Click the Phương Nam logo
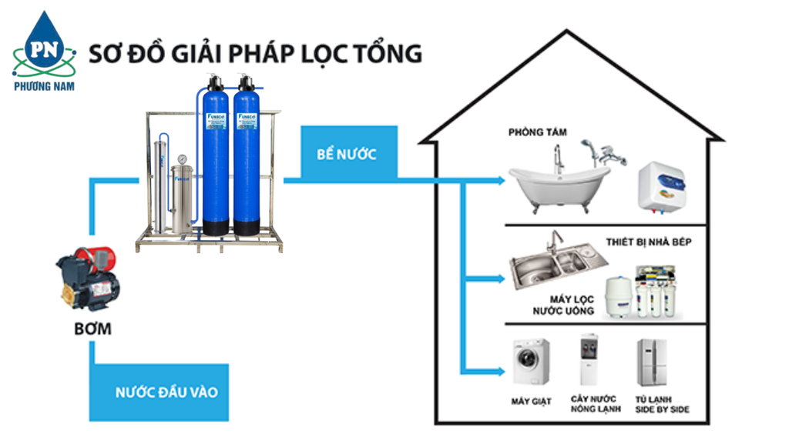tap(43, 50)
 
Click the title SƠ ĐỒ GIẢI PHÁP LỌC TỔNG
tap(255, 54)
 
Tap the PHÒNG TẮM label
tap(537, 132)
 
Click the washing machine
tap(532, 362)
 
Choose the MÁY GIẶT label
tap(531, 402)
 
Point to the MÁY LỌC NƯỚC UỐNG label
tap(564, 305)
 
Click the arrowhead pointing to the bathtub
tap(502, 182)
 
